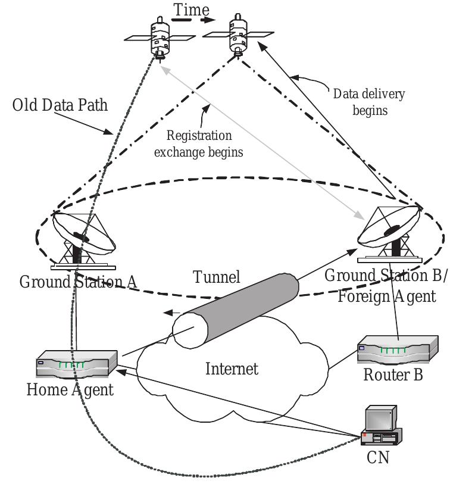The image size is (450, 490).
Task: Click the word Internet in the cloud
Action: [x=232, y=369]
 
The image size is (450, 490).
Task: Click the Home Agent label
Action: [x=70, y=391]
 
